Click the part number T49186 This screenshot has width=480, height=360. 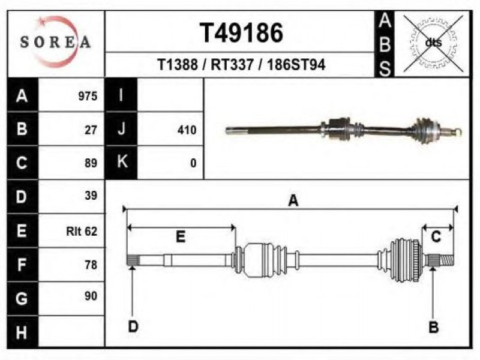pyautogui.click(x=242, y=33)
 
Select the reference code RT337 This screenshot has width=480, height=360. pyautogui.click(x=232, y=65)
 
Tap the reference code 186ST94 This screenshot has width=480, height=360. pyautogui.click(x=296, y=65)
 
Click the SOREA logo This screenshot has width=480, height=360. pyautogui.click(x=55, y=41)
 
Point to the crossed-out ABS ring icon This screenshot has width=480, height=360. pyautogui.click(x=433, y=43)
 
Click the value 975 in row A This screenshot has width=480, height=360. pyautogui.click(x=88, y=96)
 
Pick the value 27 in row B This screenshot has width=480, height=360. pyautogui.click(x=91, y=130)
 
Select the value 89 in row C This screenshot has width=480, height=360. pyautogui.click(x=91, y=163)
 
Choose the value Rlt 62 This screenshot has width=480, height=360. pyautogui.click(x=82, y=231)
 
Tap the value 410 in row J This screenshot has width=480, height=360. pyautogui.click(x=187, y=130)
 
